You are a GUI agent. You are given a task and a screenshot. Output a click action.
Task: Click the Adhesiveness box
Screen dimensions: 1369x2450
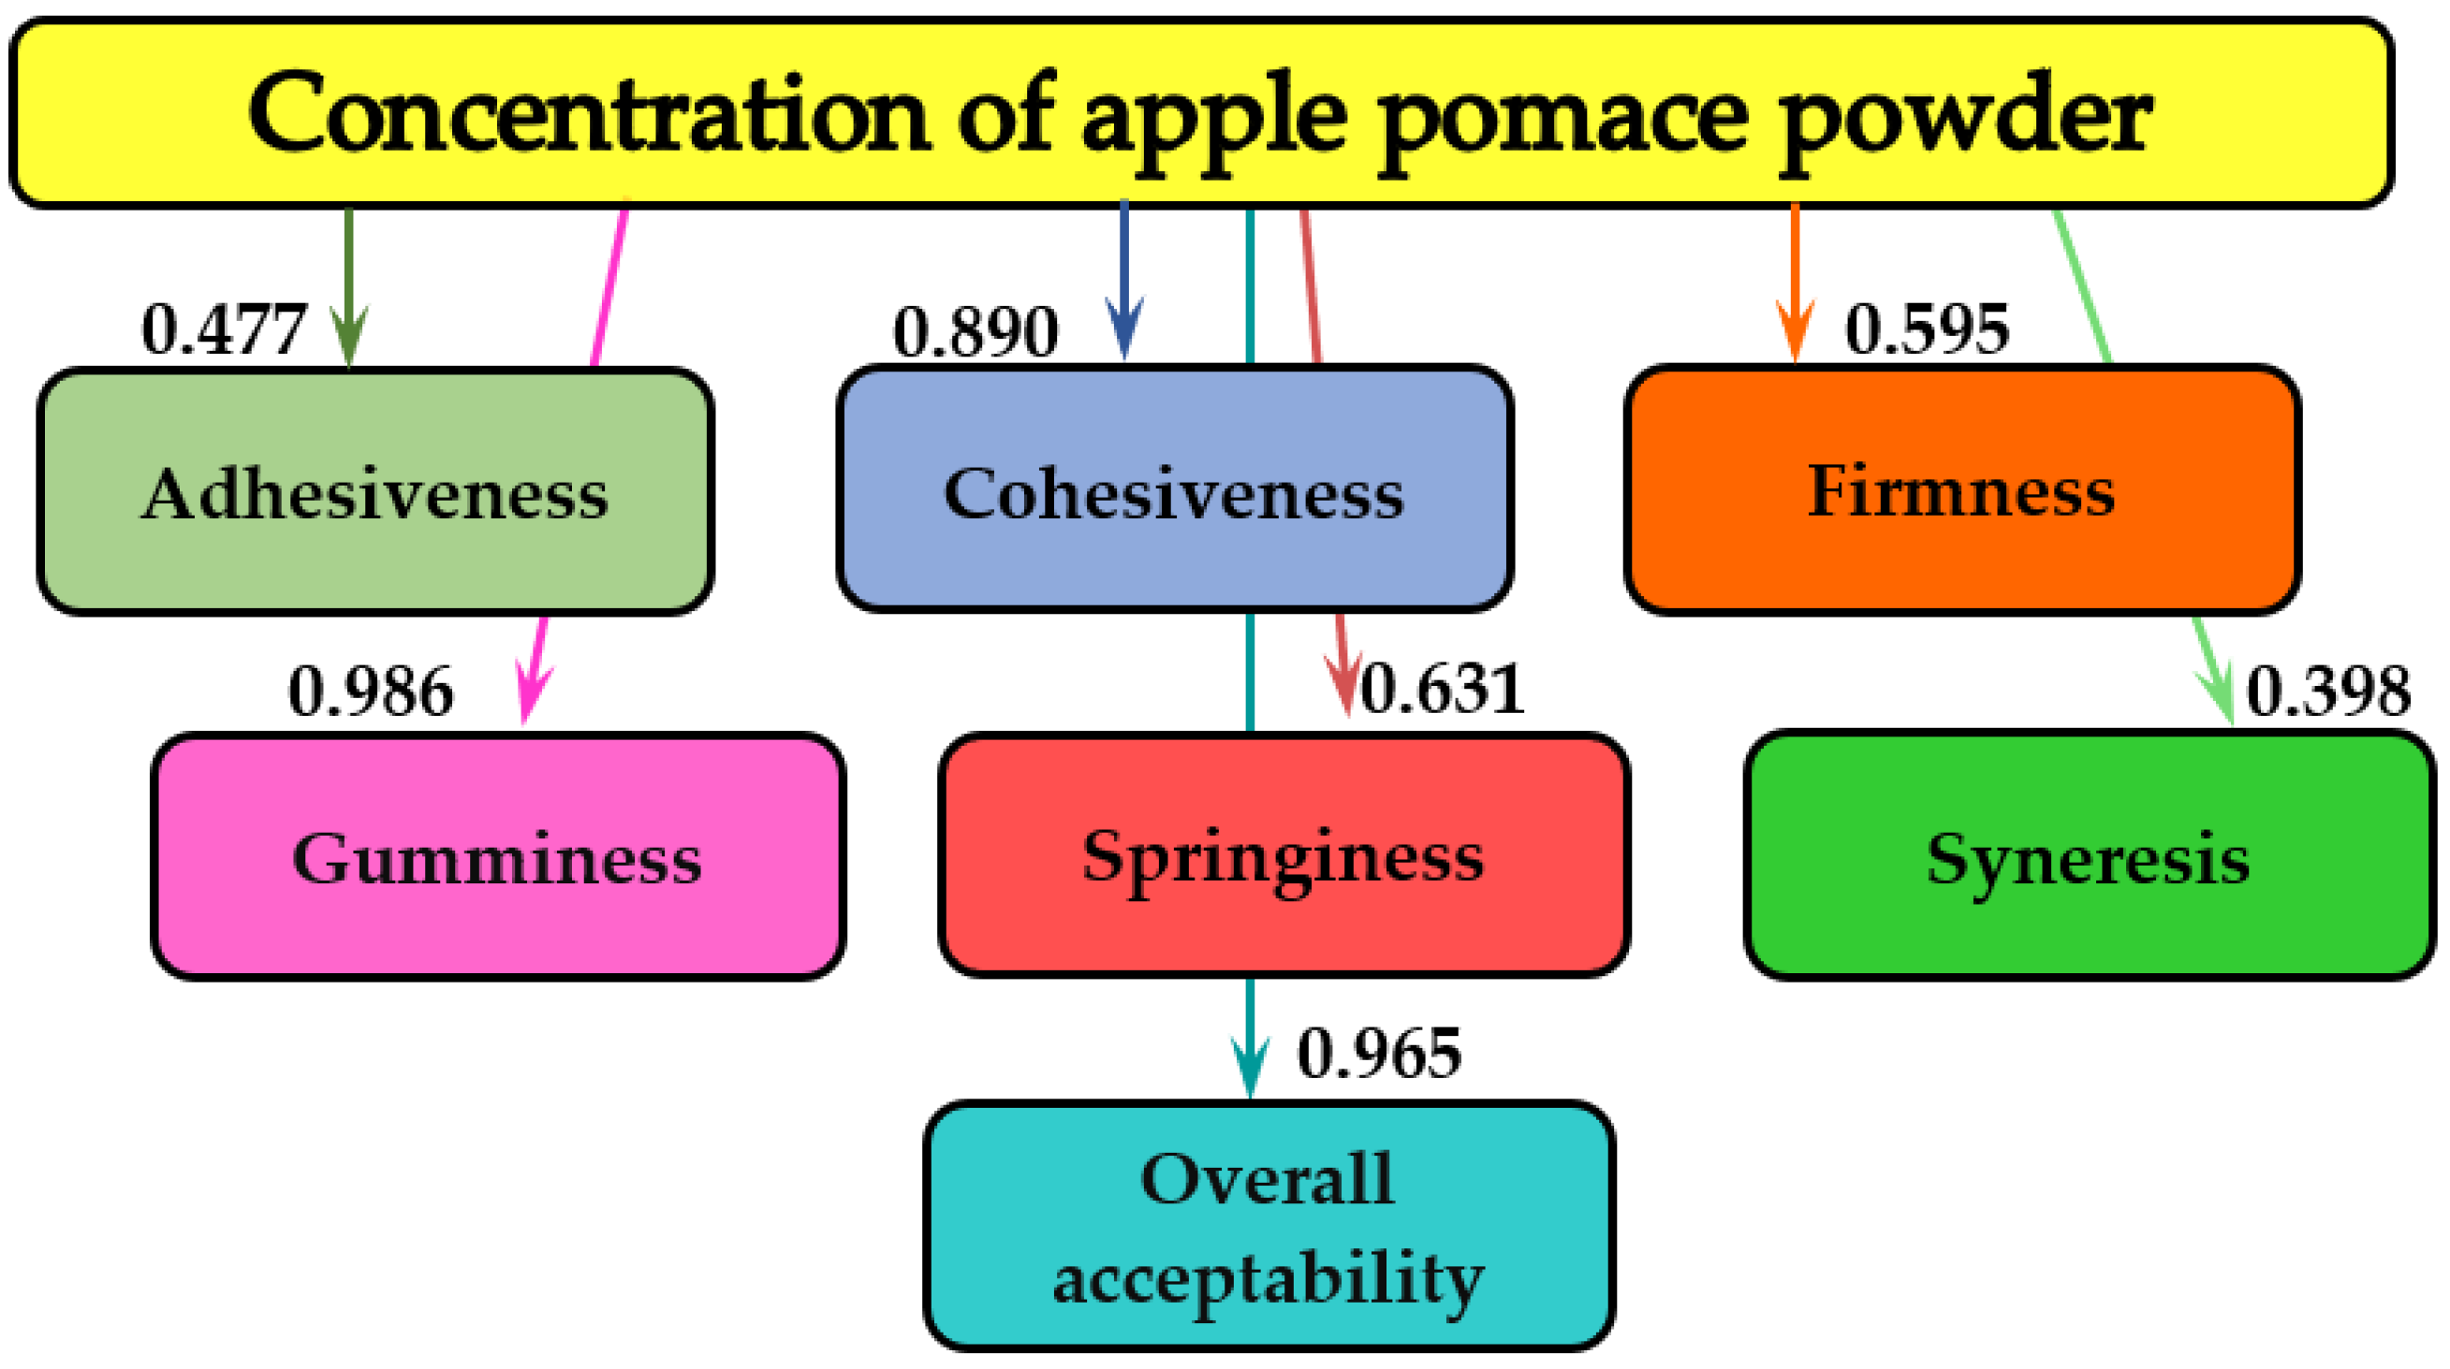point(375,492)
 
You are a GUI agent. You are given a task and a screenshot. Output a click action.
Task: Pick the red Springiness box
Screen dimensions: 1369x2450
point(1284,854)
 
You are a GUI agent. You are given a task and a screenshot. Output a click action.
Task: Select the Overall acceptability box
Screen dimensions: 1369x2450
point(1269,1227)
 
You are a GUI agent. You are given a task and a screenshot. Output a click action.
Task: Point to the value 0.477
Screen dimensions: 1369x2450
point(224,330)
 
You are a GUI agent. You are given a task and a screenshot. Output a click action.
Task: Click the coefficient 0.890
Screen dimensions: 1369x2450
point(975,332)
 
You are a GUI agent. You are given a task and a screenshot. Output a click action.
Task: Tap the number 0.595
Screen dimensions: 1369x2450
point(1927,330)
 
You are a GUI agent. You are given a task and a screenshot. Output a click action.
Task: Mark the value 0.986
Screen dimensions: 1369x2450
point(370,692)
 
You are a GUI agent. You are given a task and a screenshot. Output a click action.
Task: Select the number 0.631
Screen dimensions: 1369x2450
point(1443,690)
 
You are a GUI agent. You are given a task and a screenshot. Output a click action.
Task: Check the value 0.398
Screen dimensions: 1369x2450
point(2328,692)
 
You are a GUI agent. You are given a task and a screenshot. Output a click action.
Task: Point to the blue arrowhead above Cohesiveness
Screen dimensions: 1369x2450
point(1124,328)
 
